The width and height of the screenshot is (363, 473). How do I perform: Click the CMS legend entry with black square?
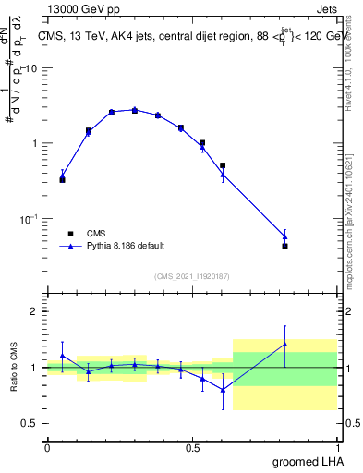point(95,234)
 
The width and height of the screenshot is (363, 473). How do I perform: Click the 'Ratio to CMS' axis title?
point(14,368)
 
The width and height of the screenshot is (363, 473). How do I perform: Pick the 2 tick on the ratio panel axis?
point(36,311)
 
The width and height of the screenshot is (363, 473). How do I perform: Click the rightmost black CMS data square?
point(284,246)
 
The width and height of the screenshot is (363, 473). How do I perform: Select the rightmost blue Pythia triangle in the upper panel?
point(284,236)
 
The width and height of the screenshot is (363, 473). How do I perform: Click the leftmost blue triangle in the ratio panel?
point(62,356)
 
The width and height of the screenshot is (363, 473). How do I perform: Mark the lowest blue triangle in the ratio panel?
point(223,389)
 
